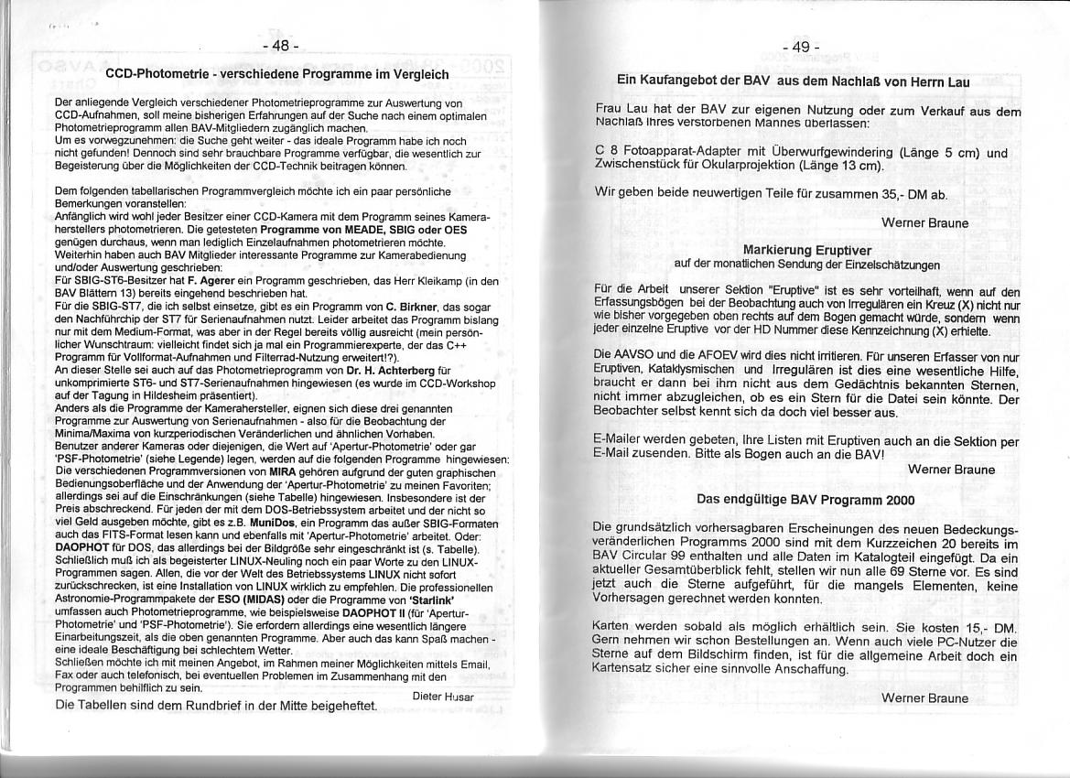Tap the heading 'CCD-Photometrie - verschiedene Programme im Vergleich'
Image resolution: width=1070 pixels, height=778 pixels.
277,74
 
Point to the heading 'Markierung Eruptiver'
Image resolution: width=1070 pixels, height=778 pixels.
806,250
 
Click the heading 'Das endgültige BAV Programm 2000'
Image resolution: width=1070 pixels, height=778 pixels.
805,500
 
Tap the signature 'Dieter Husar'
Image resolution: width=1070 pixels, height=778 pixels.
444,697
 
